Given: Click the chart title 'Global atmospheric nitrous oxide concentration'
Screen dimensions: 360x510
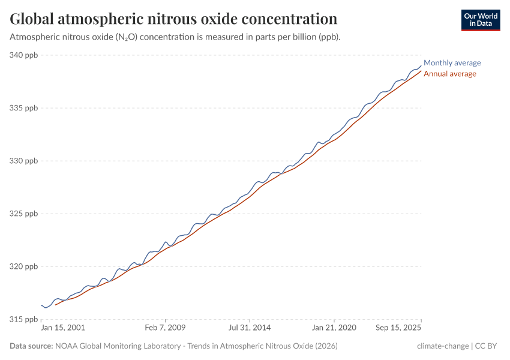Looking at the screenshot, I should pyautogui.click(x=173, y=19).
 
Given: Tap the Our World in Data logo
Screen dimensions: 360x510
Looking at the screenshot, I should pyautogui.click(x=480, y=20).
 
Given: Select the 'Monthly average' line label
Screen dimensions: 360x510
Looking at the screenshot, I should pyautogui.click(x=452, y=63).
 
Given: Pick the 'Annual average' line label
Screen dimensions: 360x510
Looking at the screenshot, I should pyautogui.click(x=450, y=74).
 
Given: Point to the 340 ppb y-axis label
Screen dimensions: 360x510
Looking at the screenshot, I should pyautogui.click(x=24, y=55).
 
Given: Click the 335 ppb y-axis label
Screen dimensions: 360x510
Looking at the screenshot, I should pyautogui.click(x=24, y=108).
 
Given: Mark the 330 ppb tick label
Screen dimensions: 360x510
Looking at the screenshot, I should pyautogui.click(x=24, y=161).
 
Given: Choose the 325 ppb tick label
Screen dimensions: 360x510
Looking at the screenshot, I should pyautogui.click(x=24, y=214).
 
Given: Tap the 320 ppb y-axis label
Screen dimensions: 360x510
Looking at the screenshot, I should pyautogui.click(x=24, y=266).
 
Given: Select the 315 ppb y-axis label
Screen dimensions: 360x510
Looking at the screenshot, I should pyautogui.click(x=24, y=319).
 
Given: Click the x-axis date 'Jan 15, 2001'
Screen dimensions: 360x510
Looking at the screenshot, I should pyautogui.click(x=63, y=328).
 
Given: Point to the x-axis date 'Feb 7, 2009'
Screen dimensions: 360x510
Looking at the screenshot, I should pyautogui.click(x=165, y=328).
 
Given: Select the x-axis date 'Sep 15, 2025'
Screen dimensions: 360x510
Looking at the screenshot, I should pyautogui.click(x=398, y=328).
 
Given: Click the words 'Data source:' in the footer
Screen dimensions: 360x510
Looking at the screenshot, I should pyautogui.click(x=31, y=346).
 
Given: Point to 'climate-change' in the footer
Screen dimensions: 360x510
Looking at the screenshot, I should pyautogui.click(x=443, y=346).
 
